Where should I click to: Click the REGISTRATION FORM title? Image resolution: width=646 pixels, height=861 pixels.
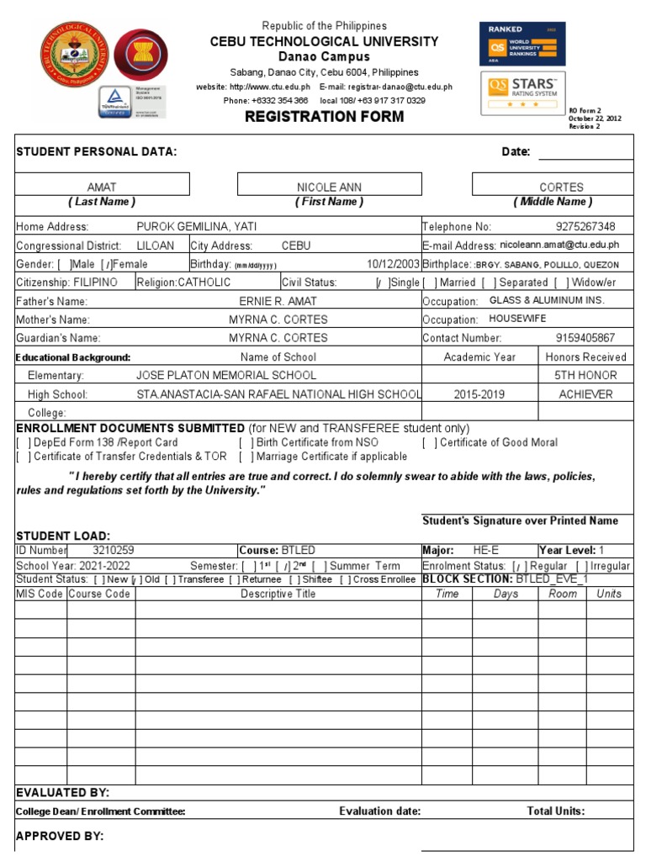point(324,116)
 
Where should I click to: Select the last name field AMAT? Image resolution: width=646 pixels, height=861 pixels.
point(102,187)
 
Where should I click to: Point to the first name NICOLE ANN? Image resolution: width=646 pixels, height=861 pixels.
point(329,187)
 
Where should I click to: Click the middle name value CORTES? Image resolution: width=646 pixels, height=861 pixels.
point(561,187)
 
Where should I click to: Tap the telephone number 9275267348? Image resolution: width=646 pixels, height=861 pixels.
point(585,226)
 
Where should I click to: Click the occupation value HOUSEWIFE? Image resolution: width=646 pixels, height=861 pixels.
point(517,320)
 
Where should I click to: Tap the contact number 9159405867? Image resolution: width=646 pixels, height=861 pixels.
point(585,338)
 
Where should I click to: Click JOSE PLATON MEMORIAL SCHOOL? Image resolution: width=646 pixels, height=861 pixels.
point(226,375)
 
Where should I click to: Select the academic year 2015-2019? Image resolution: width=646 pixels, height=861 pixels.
point(479,394)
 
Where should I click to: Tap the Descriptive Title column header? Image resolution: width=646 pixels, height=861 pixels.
point(278,594)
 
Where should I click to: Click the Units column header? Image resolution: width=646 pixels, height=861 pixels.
point(609,594)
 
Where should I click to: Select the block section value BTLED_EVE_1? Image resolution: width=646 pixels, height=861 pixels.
point(553,579)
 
